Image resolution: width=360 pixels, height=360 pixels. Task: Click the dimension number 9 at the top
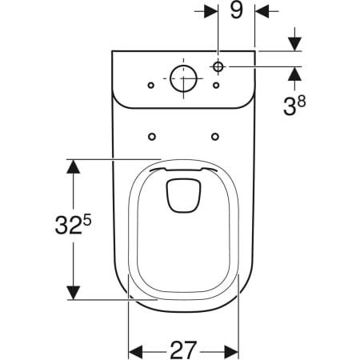[237, 11]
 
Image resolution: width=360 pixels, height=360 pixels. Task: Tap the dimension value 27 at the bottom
[184, 350]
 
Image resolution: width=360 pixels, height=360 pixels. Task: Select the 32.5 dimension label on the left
[73, 224]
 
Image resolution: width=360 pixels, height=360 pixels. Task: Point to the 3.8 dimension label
[294, 106]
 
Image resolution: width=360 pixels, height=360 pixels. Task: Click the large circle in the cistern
[183, 78]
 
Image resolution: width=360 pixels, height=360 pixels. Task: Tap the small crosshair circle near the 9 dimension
[218, 66]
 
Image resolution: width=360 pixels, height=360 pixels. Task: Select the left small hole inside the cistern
[151, 86]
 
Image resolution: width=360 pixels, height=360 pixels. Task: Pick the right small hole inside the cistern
[216, 86]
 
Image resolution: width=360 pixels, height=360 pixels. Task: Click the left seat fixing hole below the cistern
[152, 137]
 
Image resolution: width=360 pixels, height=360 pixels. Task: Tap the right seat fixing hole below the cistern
[215, 137]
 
